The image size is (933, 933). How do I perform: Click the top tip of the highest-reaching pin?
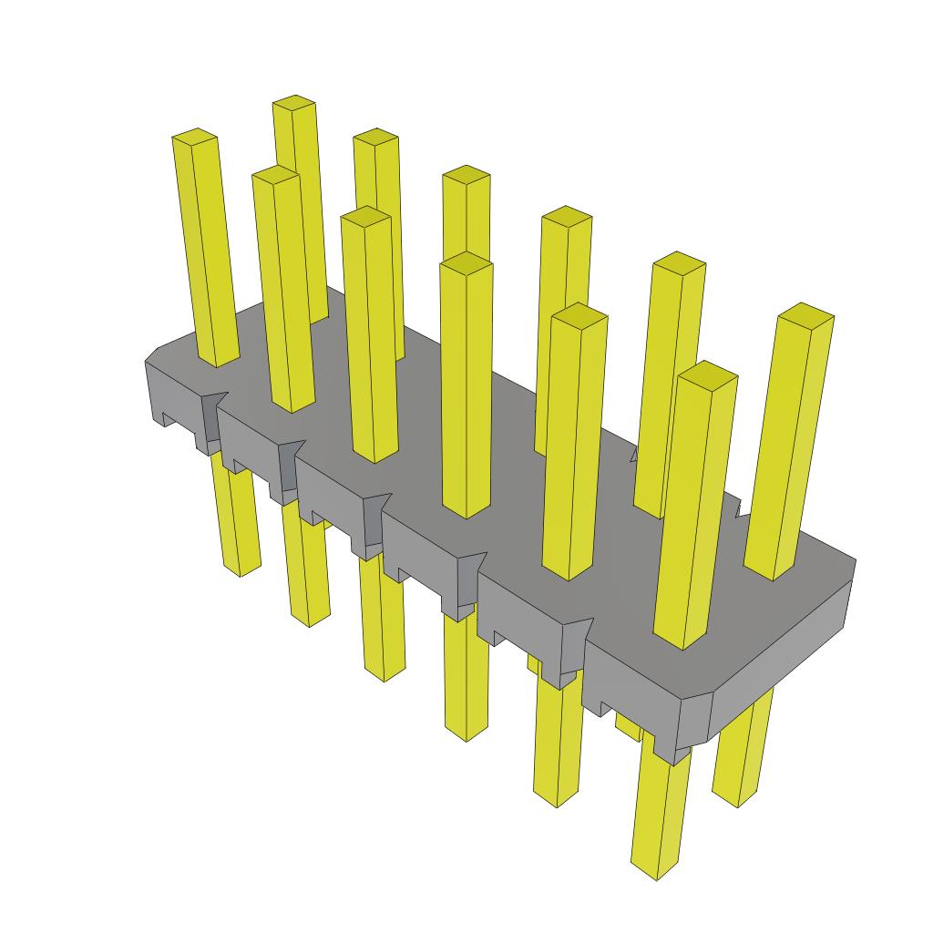294,103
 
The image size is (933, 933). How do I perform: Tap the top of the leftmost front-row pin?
195,137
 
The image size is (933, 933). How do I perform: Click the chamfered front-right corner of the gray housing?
697,720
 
